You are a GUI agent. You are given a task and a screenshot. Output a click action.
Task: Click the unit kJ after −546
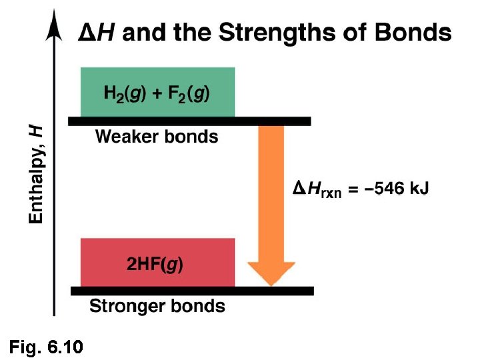click(419, 189)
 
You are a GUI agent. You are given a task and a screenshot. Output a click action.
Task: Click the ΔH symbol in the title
click(95, 32)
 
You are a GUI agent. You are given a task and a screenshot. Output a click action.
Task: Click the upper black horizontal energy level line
click(189, 121)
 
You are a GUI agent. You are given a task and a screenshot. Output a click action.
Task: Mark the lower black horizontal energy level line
click(192, 291)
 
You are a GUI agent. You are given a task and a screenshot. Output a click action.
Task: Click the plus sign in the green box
click(157, 94)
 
